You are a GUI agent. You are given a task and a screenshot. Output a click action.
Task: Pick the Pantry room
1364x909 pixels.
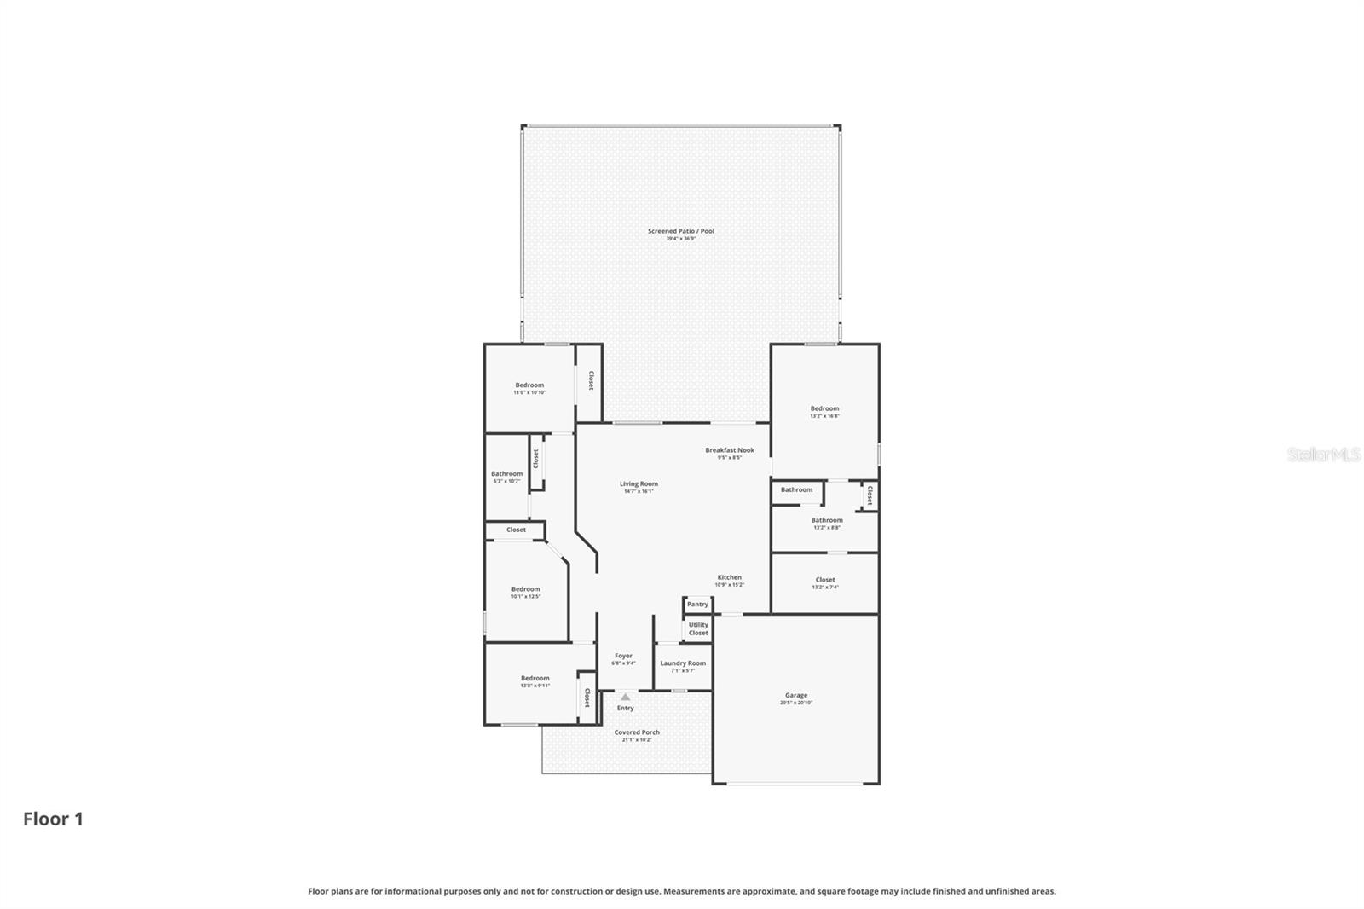point(697,605)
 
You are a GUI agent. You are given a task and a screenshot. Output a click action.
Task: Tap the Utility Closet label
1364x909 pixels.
point(698,628)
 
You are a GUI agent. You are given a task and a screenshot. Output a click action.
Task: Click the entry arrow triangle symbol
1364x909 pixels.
point(625,697)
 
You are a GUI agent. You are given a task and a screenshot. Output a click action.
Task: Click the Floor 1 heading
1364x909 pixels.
point(53,819)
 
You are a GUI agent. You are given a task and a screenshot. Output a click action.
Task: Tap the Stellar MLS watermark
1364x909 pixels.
point(1323,454)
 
